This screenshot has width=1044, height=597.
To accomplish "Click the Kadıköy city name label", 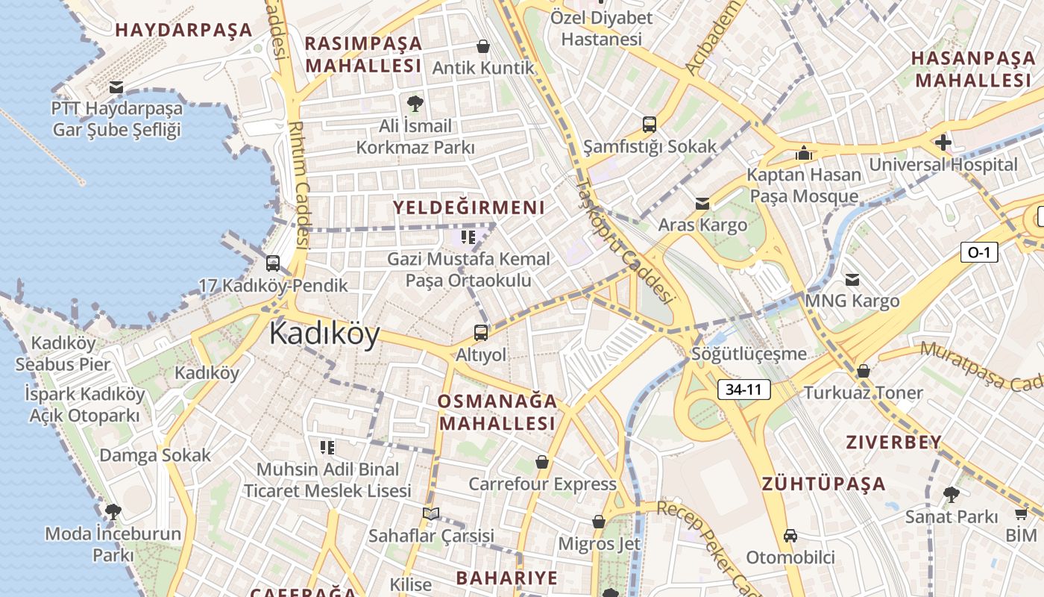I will tap(324, 333).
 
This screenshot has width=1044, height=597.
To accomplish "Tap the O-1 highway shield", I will tap(978, 252).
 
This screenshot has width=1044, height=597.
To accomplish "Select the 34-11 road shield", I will tap(743, 389).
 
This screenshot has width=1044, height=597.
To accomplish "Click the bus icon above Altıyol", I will tap(481, 333).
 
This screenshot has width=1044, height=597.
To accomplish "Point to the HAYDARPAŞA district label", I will tap(184, 31).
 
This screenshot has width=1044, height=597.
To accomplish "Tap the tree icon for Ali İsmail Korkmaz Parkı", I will tap(415, 104).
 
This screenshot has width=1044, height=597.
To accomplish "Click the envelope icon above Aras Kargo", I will tap(702, 204).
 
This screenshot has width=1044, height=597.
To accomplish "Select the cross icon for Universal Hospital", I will tap(943, 143).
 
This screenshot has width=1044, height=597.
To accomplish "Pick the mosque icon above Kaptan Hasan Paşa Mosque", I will tap(804, 153).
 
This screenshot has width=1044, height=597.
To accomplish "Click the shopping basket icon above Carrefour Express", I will tap(542, 463).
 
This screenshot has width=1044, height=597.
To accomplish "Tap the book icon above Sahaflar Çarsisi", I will tap(431, 514).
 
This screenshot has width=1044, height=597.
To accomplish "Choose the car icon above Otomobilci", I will tap(790, 536).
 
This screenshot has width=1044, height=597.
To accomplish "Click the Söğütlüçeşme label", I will tap(749, 354).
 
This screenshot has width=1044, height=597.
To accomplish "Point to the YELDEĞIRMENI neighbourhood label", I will tap(469, 207).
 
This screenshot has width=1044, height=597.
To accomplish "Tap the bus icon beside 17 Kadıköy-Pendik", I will tap(273, 263).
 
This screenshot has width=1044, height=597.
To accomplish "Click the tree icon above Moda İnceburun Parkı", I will tap(113, 512).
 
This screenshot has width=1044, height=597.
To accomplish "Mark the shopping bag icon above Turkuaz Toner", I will tap(864, 371).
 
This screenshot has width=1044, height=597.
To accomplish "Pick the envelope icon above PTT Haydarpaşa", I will tap(116, 87).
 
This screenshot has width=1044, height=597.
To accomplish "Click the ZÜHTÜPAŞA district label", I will tap(824, 484).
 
